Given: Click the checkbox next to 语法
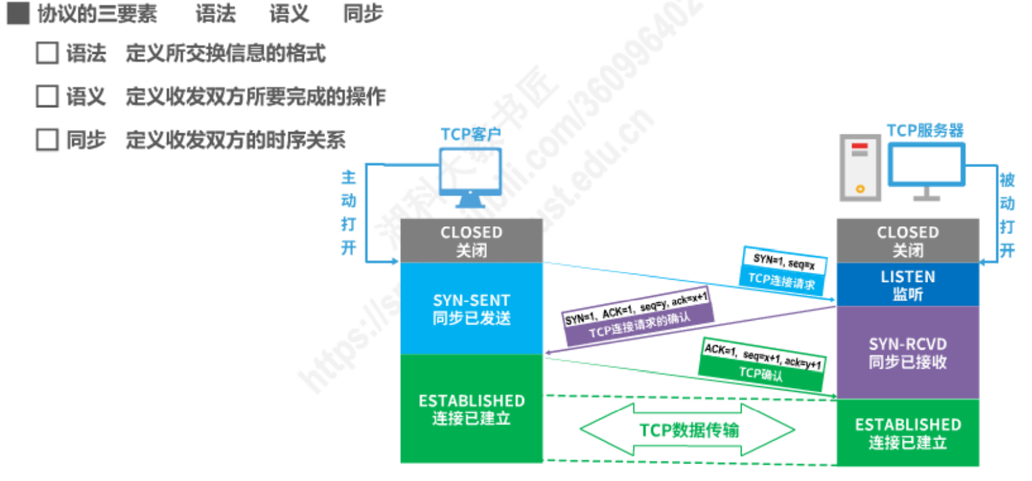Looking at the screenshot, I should point(47,53).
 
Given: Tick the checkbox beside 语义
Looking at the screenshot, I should point(47,96).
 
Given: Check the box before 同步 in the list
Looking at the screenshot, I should point(47,139).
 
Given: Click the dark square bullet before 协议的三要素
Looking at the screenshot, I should point(18,13).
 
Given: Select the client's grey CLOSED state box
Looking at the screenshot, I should point(471,240).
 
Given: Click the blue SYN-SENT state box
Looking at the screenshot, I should point(471,309).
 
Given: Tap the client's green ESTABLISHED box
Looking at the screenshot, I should point(471,409).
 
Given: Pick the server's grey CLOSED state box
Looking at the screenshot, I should point(907,240).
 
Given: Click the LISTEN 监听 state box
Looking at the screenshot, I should point(907,285).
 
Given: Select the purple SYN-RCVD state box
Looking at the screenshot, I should point(907,352).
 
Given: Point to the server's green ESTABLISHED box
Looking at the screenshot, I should point(907,433).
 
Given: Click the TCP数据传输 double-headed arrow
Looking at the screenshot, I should point(688,430).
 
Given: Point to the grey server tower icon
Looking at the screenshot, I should point(859,168).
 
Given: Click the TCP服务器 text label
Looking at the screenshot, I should point(925,131).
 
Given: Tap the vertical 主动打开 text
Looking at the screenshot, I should point(349,213).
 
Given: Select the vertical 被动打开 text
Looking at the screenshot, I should point(1007,215).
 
